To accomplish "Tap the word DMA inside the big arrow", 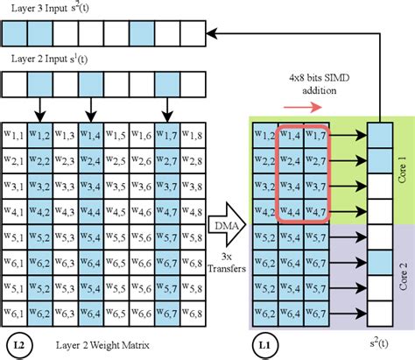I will coord(223,226).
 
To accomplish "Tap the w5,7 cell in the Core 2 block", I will coord(315,236).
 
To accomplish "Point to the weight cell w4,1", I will coord(15,211).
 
